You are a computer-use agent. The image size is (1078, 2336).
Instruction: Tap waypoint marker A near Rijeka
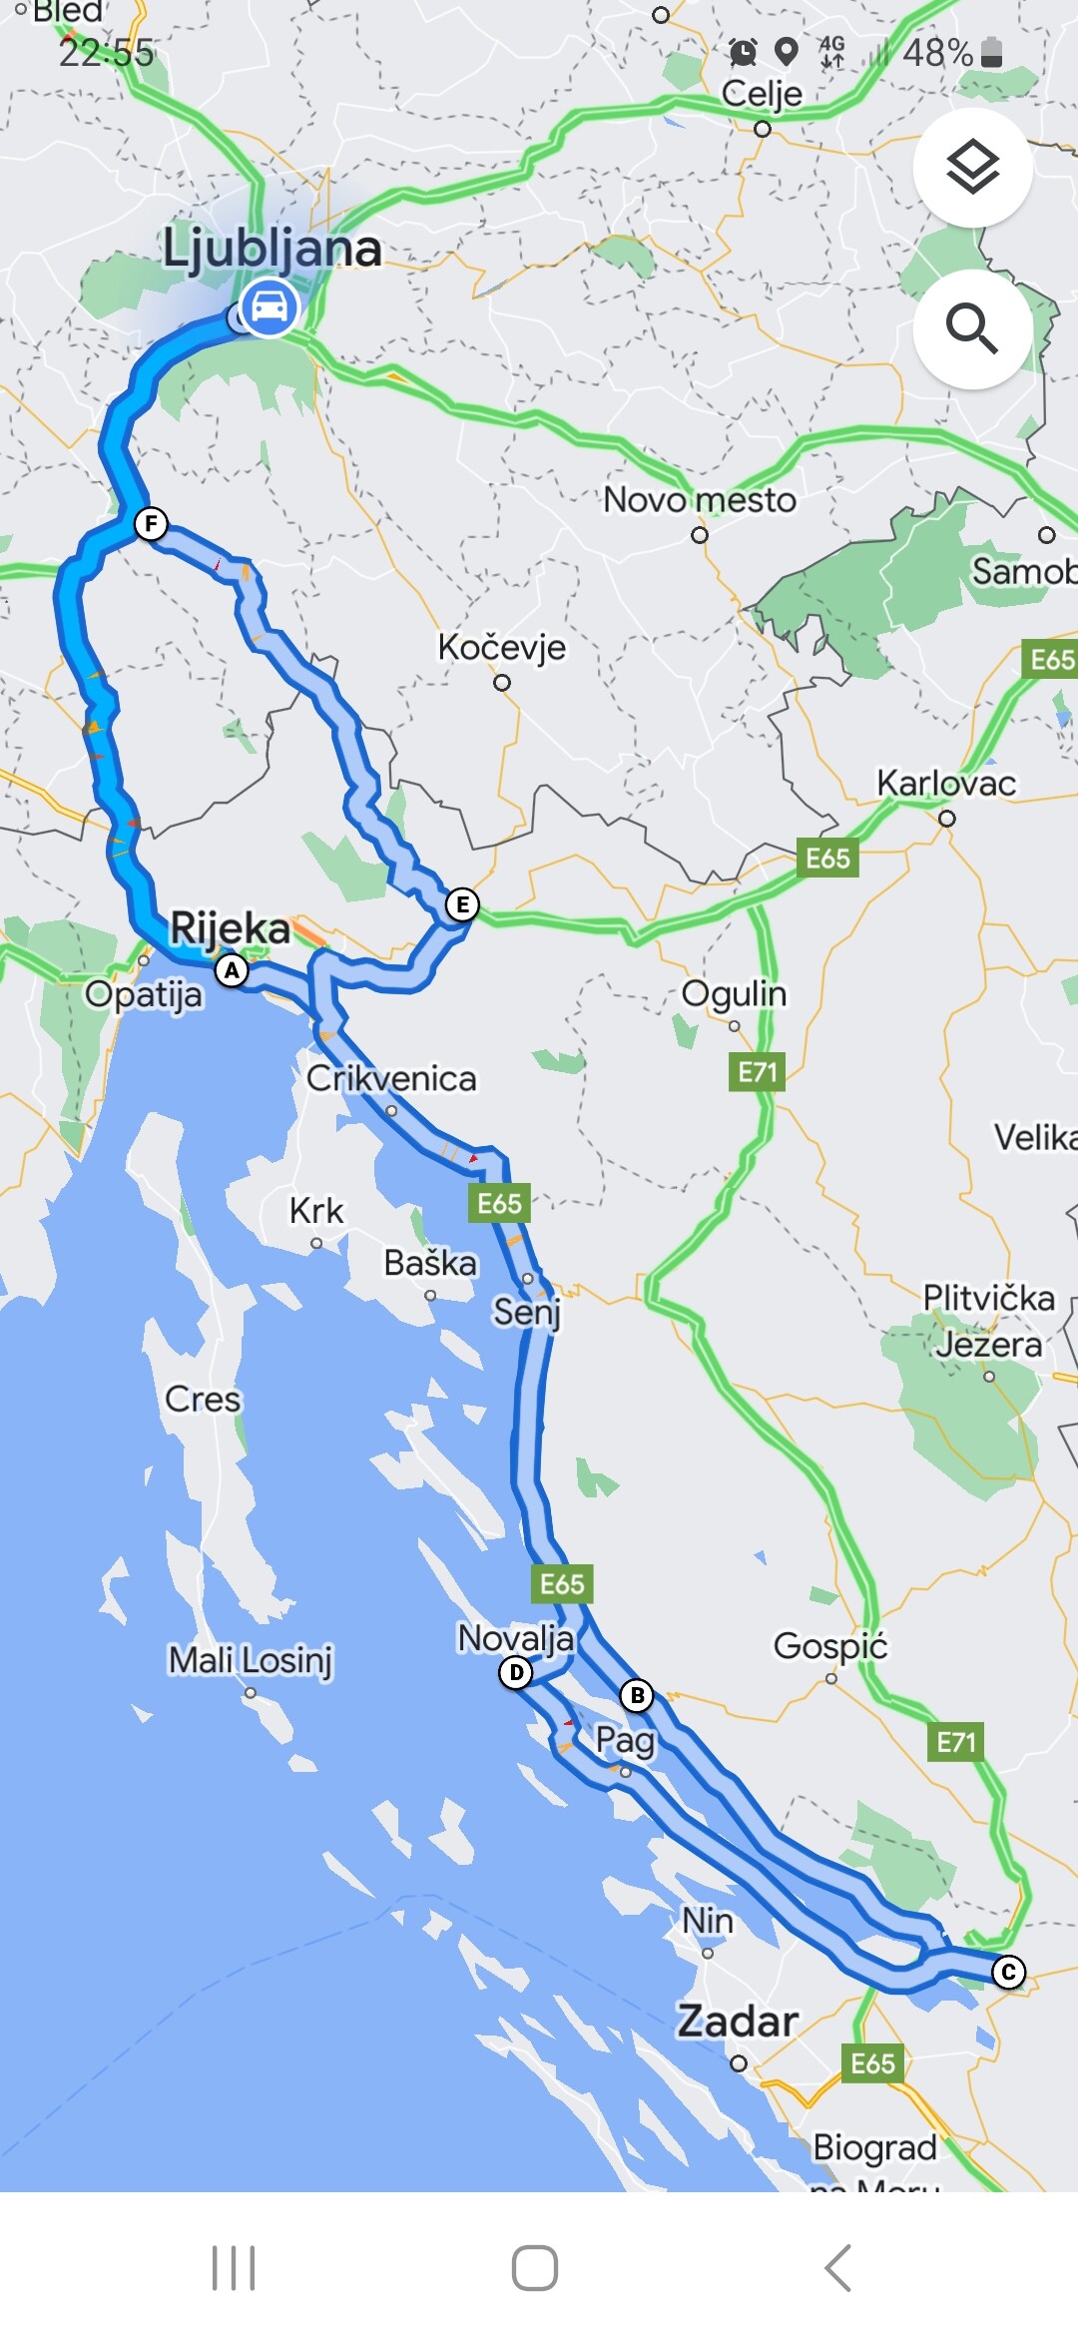click(232, 969)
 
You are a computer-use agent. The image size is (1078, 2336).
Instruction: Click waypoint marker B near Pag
click(637, 1694)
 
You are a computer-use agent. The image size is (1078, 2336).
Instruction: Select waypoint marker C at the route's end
click(1008, 1972)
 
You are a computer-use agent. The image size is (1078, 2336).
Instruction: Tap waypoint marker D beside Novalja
click(515, 1672)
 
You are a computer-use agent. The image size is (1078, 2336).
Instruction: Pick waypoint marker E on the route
click(461, 904)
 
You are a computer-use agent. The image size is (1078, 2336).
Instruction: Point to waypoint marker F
click(151, 523)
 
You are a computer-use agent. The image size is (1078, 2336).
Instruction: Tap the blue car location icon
click(268, 307)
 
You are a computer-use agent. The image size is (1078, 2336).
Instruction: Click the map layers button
click(972, 167)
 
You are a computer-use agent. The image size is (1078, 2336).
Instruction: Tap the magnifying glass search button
click(972, 328)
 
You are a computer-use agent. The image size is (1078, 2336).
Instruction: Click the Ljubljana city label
click(271, 248)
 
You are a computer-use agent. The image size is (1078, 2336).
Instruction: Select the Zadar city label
click(738, 2021)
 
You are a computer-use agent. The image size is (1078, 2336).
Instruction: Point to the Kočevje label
click(501, 647)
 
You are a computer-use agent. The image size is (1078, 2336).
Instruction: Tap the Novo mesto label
click(700, 499)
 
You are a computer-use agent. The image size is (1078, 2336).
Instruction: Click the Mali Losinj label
click(250, 1659)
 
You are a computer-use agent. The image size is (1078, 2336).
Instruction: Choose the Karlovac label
click(945, 783)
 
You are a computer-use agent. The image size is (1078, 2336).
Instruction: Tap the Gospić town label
click(829, 1645)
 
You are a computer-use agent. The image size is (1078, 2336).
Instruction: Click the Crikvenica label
click(390, 1078)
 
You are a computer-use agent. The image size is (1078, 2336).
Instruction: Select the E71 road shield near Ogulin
click(757, 1072)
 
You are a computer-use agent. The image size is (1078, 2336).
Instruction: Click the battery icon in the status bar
click(991, 52)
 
